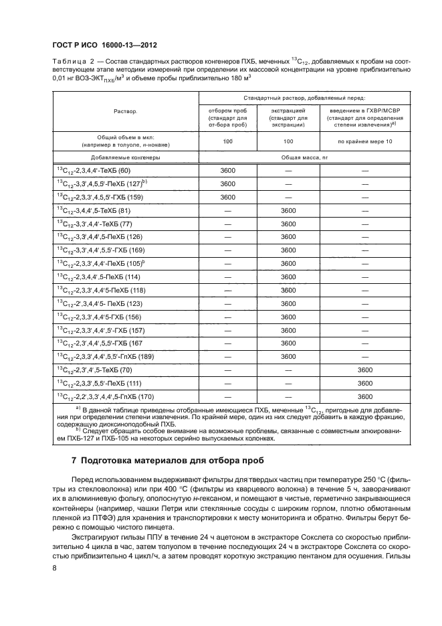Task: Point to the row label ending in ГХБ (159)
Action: [x=98, y=197]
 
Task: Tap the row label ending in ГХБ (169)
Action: [x=101, y=250]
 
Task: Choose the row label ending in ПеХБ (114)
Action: [x=98, y=277]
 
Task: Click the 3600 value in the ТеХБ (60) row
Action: [x=228, y=171]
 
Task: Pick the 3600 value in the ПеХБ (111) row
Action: [x=364, y=382]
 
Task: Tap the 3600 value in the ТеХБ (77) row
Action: [x=288, y=224]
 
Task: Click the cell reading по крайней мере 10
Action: [x=364, y=141]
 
